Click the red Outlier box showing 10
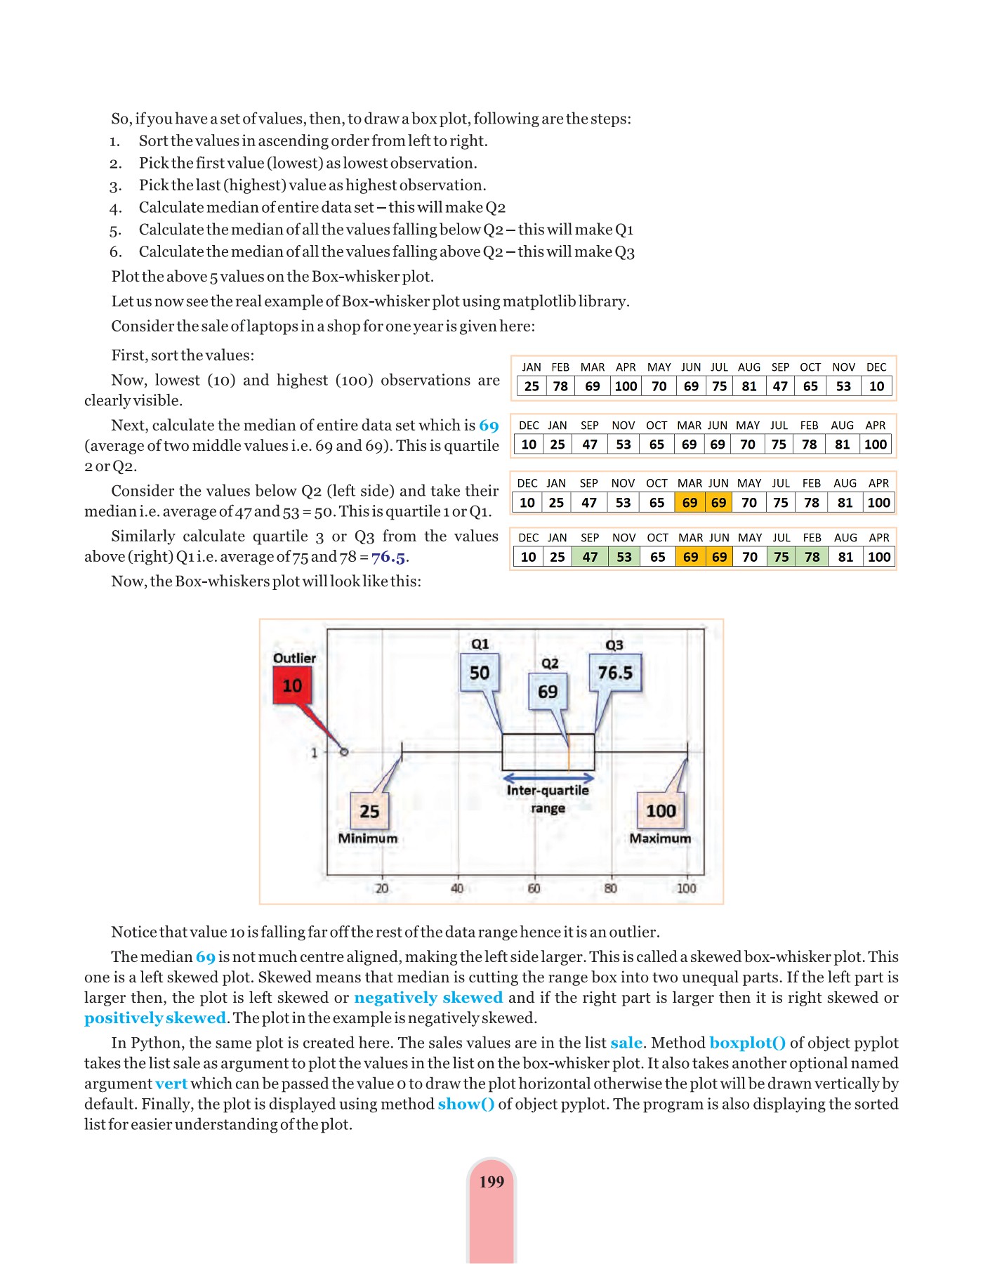click(x=291, y=685)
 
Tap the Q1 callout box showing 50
click(x=480, y=673)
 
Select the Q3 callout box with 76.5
click(x=615, y=673)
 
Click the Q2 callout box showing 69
click(x=548, y=692)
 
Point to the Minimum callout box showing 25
click(x=369, y=811)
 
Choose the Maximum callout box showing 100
click(x=661, y=811)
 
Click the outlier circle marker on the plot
click(x=344, y=751)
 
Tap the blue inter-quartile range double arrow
click(x=548, y=777)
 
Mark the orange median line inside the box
click(x=568, y=753)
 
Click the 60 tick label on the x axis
click(x=534, y=888)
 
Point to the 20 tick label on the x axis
click(x=382, y=888)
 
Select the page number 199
click(x=491, y=1182)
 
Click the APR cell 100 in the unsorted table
click(x=626, y=386)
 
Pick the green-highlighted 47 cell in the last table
click(x=590, y=557)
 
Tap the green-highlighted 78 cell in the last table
click(x=812, y=557)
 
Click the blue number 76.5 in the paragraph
click(x=388, y=557)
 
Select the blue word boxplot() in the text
click(x=747, y=1043)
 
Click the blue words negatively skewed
click(x=428, y=998)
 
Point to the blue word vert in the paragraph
click(x=171, y=1084)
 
